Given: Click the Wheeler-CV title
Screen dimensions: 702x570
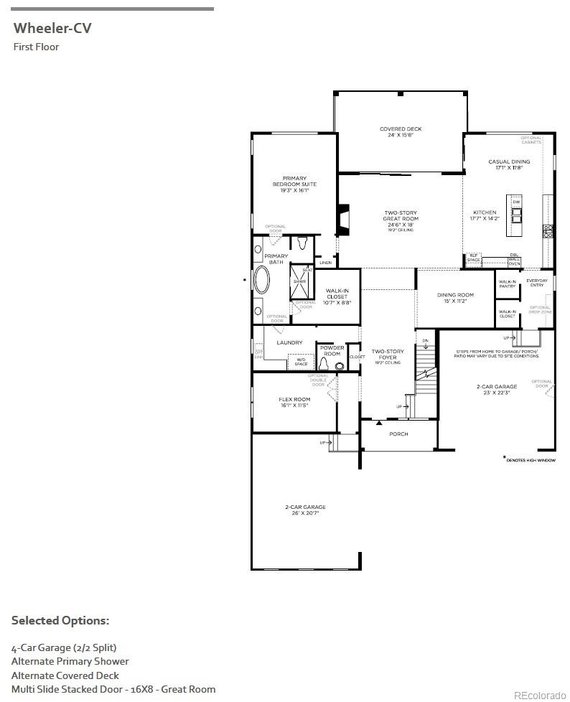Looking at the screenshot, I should (x=52, y=29).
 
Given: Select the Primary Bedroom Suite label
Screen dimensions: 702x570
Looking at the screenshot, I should (x=294, y=184).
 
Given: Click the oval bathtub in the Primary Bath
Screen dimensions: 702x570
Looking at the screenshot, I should (x=262, y=281).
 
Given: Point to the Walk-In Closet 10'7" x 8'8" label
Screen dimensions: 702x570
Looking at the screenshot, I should (x=337, y=296).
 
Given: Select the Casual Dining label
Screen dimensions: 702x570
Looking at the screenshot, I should (x=509, y=164).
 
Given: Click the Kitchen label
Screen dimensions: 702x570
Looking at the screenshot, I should (x=485, y=215).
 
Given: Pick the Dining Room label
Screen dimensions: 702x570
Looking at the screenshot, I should (x=456, y=298).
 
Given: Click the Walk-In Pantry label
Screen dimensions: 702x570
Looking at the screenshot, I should (x=508, y=284).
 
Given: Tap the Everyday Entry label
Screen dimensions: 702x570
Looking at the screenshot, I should (x=537, y=283).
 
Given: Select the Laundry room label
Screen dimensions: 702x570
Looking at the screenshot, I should (x=289, y=343).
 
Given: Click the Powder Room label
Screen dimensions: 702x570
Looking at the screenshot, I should (x=332, y=351).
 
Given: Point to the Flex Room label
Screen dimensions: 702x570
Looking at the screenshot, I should (x=294, y=402).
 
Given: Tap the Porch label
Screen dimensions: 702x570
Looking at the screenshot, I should (x=398, y=434).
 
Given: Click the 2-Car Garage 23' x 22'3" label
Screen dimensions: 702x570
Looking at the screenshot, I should (x=496, y=389).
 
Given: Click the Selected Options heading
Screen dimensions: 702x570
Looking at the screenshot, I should (x=60, y=620).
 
